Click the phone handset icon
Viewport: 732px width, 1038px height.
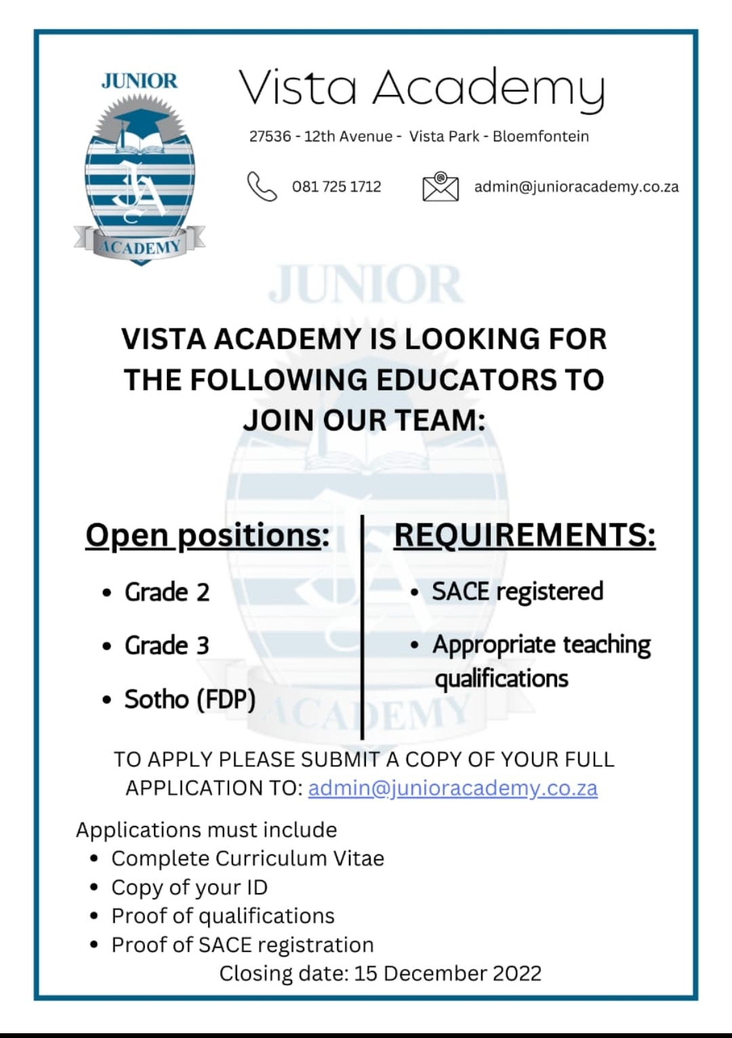pyautogui.click(x=262, y=186)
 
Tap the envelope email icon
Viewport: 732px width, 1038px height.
pyautogui.click(x=440, y=186)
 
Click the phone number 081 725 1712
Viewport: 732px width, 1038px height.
pyautogui.click(x=336, y=187)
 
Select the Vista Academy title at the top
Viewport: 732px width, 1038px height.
pyautogui.click(x=422, y=89)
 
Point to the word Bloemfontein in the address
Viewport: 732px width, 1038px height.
pyautogui.click(x=540, y=136)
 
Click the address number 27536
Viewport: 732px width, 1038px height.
pyautogui.click(x=270, y=136)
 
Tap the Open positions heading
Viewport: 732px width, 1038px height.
pyautogui.click(x=207, y=535)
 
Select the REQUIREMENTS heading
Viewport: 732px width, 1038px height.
pyautogui.click(x=525, y=535)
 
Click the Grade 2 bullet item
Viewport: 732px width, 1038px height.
pyautogui.click(x=167, y=592)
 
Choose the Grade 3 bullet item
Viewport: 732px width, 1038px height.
pyautogui.click(x=167, y=646)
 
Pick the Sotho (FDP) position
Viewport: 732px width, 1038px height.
pyautogui.click(x=190, y=699)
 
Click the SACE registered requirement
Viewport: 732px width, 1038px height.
pyautogui.click(x=517, y=591)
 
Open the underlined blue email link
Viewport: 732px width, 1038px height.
pyautogui.click(x=453, y=788)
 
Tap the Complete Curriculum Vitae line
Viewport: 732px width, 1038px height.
pyautogui.click(x=247, y=858)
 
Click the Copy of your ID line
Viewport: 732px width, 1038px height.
pyautogui.click(x=189, y=888)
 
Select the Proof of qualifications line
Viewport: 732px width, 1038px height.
pyautogui.click(x=223, y=916)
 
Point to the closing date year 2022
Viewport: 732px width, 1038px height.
pyautogui.click(x=516, y=974)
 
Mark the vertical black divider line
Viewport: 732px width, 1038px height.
pyautogui.click(x=363, y=627)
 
